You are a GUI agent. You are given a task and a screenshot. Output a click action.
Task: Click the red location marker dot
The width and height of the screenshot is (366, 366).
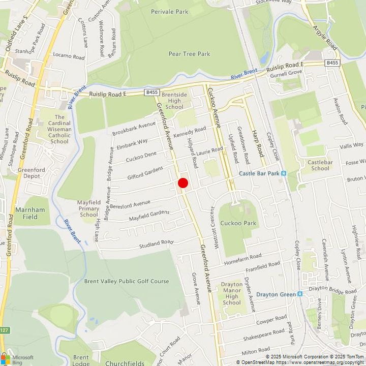tap(183, 183)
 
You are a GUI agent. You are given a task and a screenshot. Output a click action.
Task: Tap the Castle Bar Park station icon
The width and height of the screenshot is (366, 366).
tap(284, 173)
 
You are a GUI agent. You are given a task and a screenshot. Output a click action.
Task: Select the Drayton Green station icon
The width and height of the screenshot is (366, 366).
tap(300, 294)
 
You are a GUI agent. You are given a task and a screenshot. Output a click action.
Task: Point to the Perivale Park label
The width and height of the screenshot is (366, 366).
tap(170, 11)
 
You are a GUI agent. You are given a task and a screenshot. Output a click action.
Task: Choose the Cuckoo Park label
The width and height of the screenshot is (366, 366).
tap(238, 223)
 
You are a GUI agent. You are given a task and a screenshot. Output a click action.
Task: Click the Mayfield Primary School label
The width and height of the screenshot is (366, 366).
tap(88, 208)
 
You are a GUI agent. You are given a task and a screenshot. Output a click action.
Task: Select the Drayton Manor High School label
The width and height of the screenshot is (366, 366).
tap(232, 294)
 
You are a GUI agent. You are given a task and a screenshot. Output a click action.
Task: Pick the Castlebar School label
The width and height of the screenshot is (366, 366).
tap(320, 165)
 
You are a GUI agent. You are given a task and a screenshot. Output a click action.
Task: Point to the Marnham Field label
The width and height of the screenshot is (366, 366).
tap(30, 213)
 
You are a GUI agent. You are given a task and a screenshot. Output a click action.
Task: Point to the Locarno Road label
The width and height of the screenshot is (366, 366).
tap(69, 57)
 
